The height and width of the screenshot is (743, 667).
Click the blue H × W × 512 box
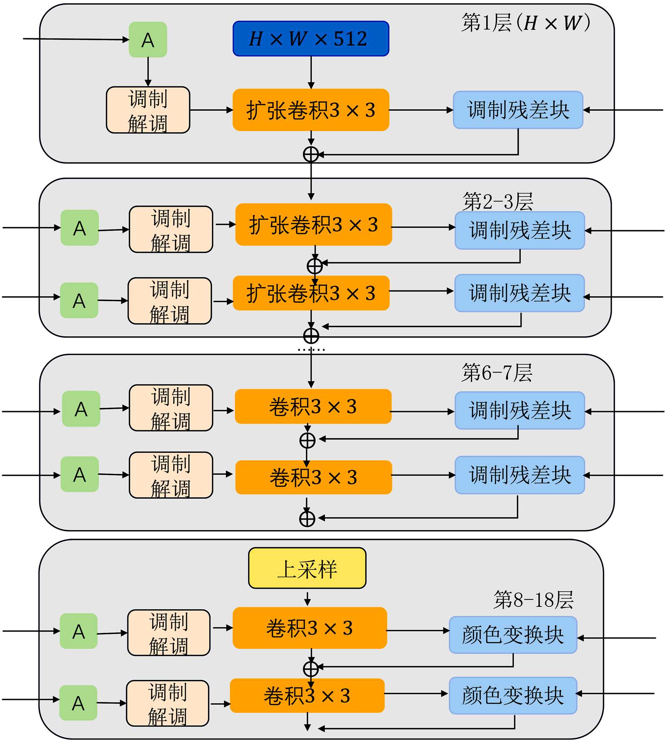coord(310,39)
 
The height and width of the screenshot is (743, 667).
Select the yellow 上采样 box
coord(307,568)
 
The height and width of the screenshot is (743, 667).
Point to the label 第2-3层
coord(498,201)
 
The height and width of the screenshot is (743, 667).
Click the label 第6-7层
coord(496,372)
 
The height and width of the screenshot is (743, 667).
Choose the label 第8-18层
coord(533,599)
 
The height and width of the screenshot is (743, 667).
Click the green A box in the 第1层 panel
coord(148,40)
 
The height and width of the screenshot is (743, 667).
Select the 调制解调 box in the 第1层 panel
coord(148,110)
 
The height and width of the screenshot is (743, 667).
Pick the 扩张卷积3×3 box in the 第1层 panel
coord(310,110)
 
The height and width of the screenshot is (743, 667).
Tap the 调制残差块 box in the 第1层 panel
coord(517,110)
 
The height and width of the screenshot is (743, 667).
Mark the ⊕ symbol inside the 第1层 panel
coord(310,155)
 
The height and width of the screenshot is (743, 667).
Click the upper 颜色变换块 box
coord(513,635)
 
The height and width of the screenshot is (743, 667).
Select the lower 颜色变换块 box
coord(513,696)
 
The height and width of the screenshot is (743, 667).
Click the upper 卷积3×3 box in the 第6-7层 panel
coord(313,406)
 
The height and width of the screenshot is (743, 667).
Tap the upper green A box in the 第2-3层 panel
coord(80,228)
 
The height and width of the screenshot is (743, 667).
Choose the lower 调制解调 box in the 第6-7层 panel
coord(171,475)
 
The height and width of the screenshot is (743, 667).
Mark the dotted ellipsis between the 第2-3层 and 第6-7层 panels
coord(311,349)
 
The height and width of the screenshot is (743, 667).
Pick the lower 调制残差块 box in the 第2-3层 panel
coord(519,293)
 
